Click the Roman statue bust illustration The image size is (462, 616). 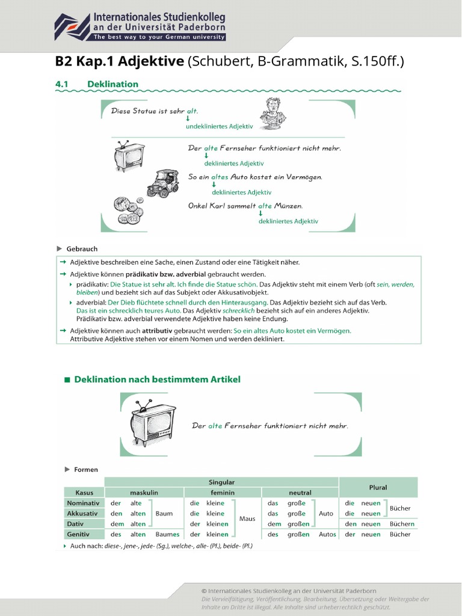pyautogui.click(x=273, y=112)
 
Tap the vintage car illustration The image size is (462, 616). pyautogui.click(x=163, y=183)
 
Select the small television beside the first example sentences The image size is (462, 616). pyautogui.click(x=129, y=156)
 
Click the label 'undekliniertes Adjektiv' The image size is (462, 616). pyautogui.click(x=219, y=127)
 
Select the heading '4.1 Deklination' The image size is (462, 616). pyautogui.click(x=97, y=84)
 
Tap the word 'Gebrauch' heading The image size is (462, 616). pyautogui.click(x=82, y=248)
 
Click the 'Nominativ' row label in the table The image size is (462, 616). pyautogui.click(x=83, y=503)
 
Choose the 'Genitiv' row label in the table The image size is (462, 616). pyautogui.click(x=79, y=534)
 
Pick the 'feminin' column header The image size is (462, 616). pyautogui.click(x=222, y=492)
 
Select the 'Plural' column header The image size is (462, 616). pyautogui.click(x=378, y=487)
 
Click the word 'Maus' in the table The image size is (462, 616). pyautogui.click(x=247, y=519)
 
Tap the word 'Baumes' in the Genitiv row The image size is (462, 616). pyautogui.click(x=167, y=534)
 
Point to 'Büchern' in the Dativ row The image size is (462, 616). pyautogui.click(x=402, y=524)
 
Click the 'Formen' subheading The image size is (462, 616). pyautogui.click(x=86, y=469)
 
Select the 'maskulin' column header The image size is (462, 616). pyautogui.click(x=144, y=492)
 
